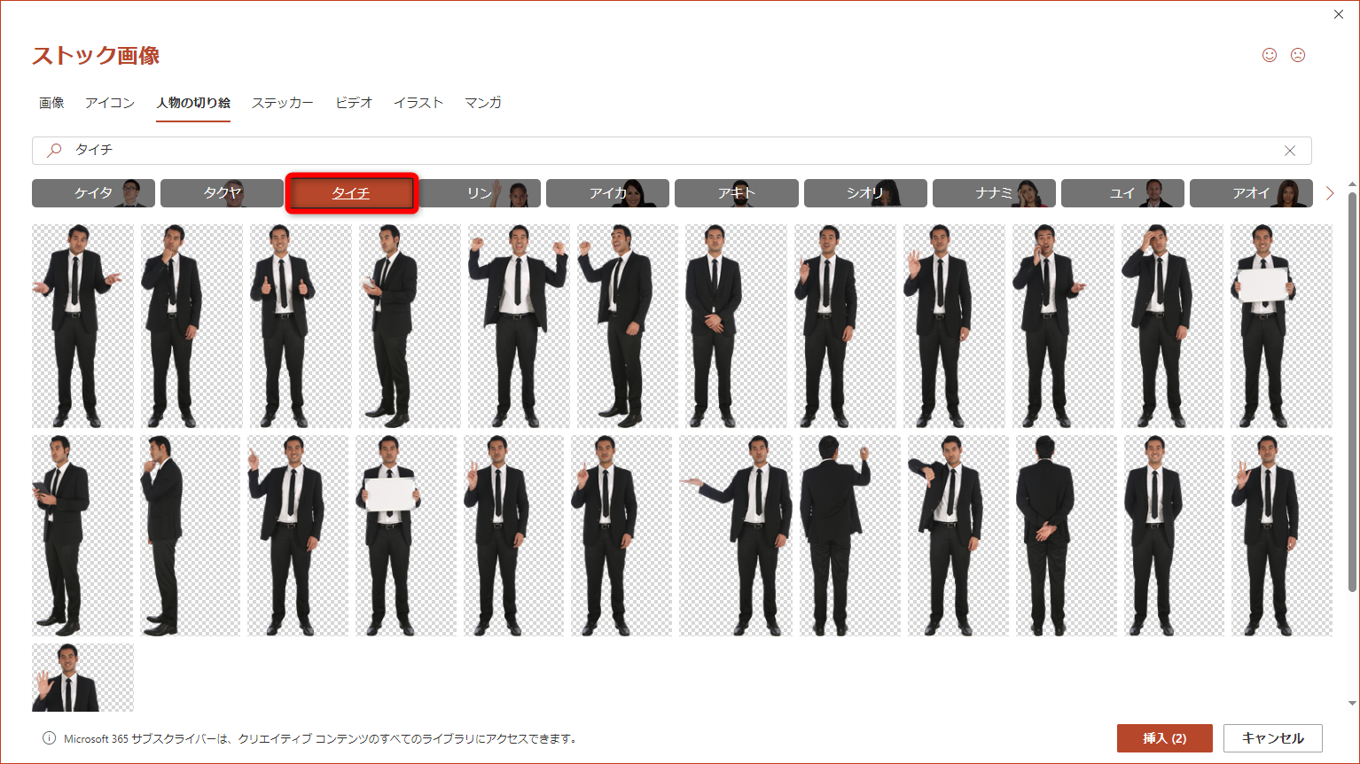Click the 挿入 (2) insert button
[x=1164, y=738]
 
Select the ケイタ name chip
[x=93, y=193]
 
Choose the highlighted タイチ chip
[x=352, y=193]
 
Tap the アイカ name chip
[x=607, y=193]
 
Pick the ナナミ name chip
[x=994, y=193]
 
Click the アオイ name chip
[x=1251, y=193]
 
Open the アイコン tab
[x=110, y=103]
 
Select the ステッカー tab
[x=282, y=103]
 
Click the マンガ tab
[x=482, y=103]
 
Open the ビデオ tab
[x=354, y=103]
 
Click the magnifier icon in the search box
[x=55, y=150]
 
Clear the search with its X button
[x=1290, y=151]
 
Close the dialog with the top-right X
[x=1339, y=14]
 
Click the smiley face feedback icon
[x=1270, y=55]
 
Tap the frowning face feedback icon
[x=1298, y=55]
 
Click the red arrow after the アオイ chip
[x=1330, y=193]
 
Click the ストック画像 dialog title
[x=96, y=55]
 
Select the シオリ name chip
[x=865, y=193]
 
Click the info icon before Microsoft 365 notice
[x=49, y=738]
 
